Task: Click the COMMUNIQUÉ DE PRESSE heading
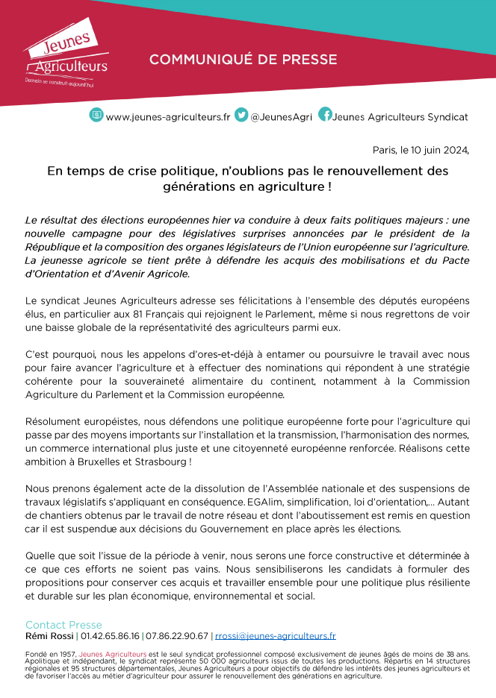(243, 60)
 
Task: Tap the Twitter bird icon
(241, 115)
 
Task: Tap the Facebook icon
(325, 115)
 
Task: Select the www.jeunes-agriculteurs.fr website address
(168, 117)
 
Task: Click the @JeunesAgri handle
(280, 117)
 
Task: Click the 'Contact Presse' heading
(63, 625)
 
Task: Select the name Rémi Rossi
(50, 636)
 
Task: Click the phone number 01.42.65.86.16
(109, 636)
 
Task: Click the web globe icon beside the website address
(96, 115)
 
